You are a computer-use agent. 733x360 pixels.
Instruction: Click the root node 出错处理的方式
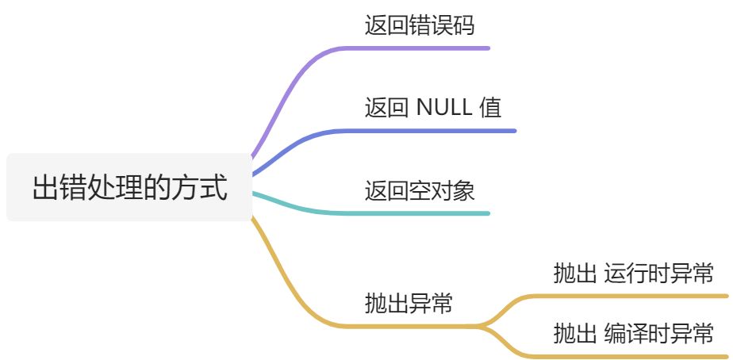coord(129,189)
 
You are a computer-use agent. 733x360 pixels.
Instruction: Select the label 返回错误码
coord(419,25)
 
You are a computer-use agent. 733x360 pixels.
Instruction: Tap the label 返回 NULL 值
coord(432,107)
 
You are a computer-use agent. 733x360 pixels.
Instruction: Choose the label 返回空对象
coord(419,190)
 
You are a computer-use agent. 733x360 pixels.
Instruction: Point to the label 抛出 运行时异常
coord(633,274)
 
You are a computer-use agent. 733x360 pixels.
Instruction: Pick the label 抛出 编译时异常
coord(633,333)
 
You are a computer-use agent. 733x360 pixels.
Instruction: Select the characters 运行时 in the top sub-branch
coord(630,274)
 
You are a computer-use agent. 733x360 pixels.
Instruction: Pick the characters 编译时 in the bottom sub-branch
coord(630,333)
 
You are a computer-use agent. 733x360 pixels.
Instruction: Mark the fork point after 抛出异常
coord(484,325)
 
